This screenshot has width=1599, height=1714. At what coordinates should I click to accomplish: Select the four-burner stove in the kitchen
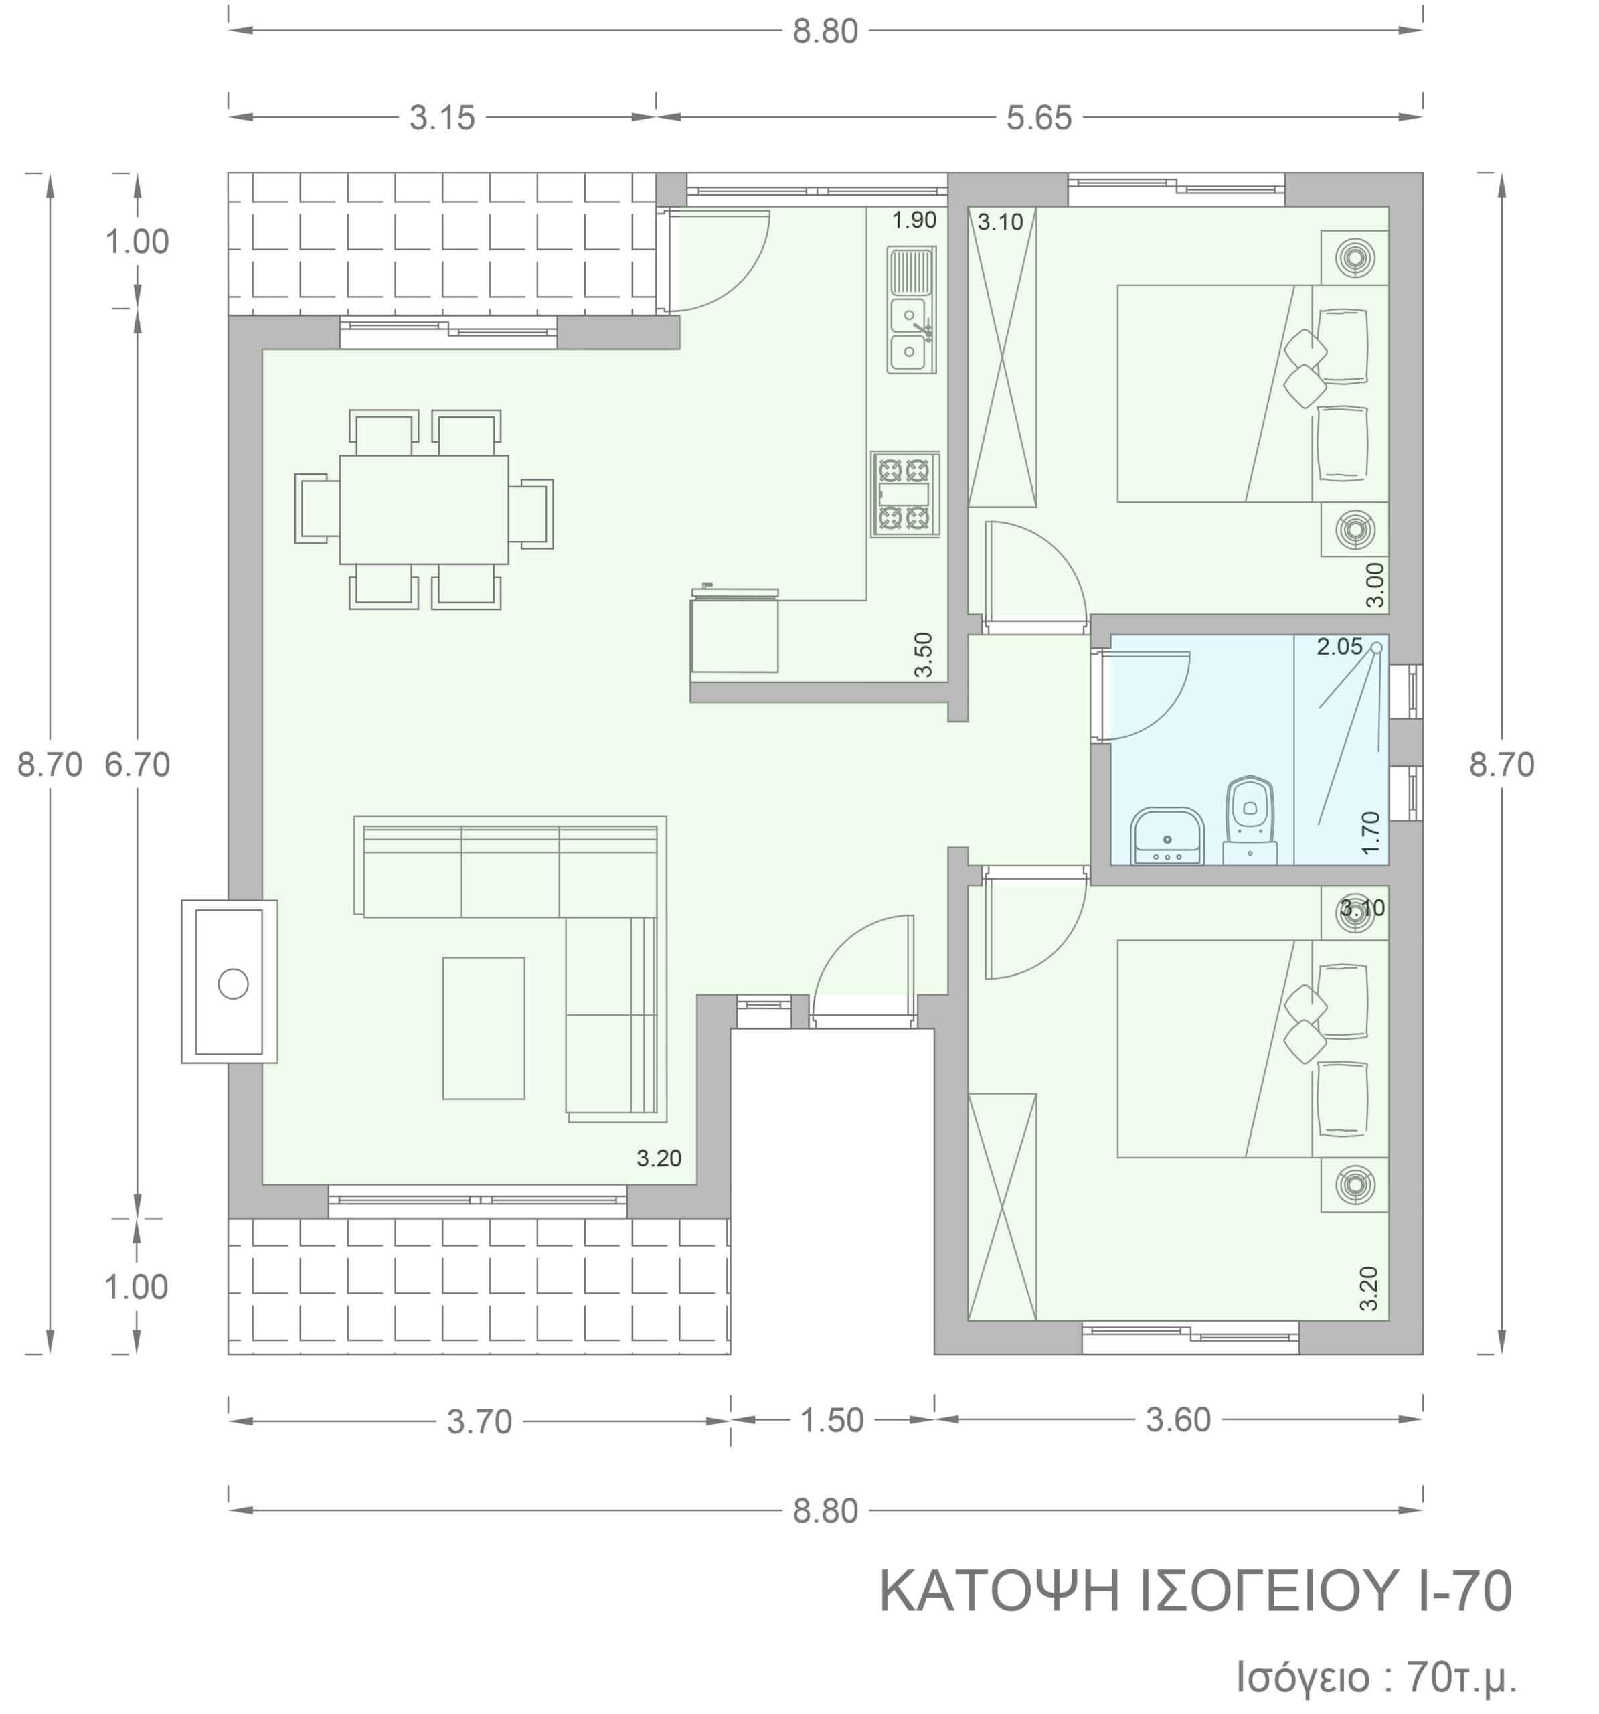pyautogui.click(x=904, y=494)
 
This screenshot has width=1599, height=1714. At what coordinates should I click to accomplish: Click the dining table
pyautogui.click(x=423, y=510)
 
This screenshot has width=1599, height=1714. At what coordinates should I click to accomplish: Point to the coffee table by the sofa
pyautogui.click(x=483, y=1028)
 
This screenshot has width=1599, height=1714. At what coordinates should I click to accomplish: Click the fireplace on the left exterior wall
pyautogui.click(x=230, y=981)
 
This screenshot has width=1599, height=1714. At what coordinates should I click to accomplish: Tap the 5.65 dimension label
pyautogui.click(x=1039, y=118)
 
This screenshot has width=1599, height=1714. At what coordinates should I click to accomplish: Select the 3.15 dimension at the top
pyautogui.click(x=442, y=118)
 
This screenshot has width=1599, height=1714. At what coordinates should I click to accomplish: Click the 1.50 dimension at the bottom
pyautogui.click(x=832, y=1420)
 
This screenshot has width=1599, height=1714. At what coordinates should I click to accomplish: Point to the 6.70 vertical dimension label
pyautogui.click(x=137, y=765)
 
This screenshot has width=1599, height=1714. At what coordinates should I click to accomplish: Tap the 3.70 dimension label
pyautogui.click(x=479, y=1421)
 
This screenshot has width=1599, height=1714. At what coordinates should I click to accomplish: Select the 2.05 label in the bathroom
pyautogui.click(x=1339, y=647)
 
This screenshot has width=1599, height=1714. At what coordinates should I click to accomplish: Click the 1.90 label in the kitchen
pyautogui.click(x=914, y=220)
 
